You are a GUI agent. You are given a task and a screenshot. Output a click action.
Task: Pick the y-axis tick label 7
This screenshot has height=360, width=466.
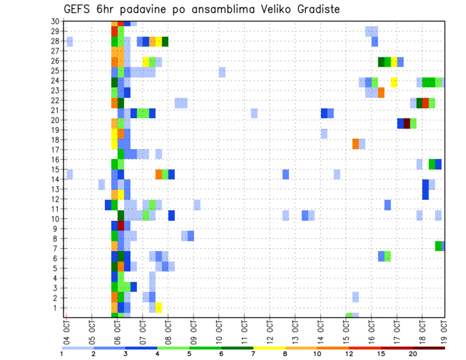tap(57, 248)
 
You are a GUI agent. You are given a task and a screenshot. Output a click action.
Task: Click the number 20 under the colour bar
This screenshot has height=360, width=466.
tap(413, 354)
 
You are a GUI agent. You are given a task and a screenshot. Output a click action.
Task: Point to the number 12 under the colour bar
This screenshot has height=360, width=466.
tap(349, 354)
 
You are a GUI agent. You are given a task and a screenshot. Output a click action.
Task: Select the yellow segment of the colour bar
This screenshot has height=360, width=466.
tap(269, 348)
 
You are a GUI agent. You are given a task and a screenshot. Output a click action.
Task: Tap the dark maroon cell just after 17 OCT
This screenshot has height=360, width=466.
tap(407, 123)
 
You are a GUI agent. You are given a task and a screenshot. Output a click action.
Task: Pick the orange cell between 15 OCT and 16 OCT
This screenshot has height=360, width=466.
tap(355, 144)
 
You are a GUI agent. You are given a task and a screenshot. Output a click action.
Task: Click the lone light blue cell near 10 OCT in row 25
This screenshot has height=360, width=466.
tap(222, 72)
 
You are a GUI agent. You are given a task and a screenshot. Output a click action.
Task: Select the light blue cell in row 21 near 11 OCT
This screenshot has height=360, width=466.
tap(254, 113)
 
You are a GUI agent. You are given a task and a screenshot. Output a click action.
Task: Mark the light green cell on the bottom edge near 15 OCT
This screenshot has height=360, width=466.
tap(349, 315)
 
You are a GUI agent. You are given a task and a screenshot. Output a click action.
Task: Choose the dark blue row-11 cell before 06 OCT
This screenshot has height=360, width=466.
tap(108, 205)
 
